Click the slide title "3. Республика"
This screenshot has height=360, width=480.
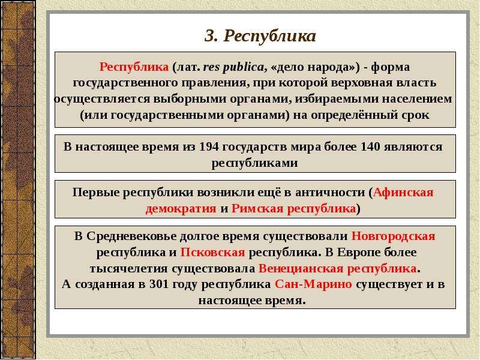[260, 36]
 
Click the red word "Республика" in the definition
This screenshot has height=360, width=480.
[134, 67]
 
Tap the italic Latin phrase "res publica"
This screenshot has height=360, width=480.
[234, 67]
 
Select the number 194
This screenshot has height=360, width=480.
[209, 146]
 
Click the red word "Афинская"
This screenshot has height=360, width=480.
[403, 192]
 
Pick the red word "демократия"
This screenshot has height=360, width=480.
[181, 209]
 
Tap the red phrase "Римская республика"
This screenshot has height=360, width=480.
[293, 208]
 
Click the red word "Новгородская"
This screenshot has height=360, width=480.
[393, 236]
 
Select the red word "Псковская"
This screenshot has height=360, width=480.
[212, 252]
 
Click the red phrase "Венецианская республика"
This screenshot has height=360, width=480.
[337, 268]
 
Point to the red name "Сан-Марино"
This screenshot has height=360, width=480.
[313, 284]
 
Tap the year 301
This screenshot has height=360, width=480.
[159, 284]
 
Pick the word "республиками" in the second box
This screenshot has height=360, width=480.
[254, 163]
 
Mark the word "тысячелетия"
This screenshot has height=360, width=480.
[129, 269]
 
